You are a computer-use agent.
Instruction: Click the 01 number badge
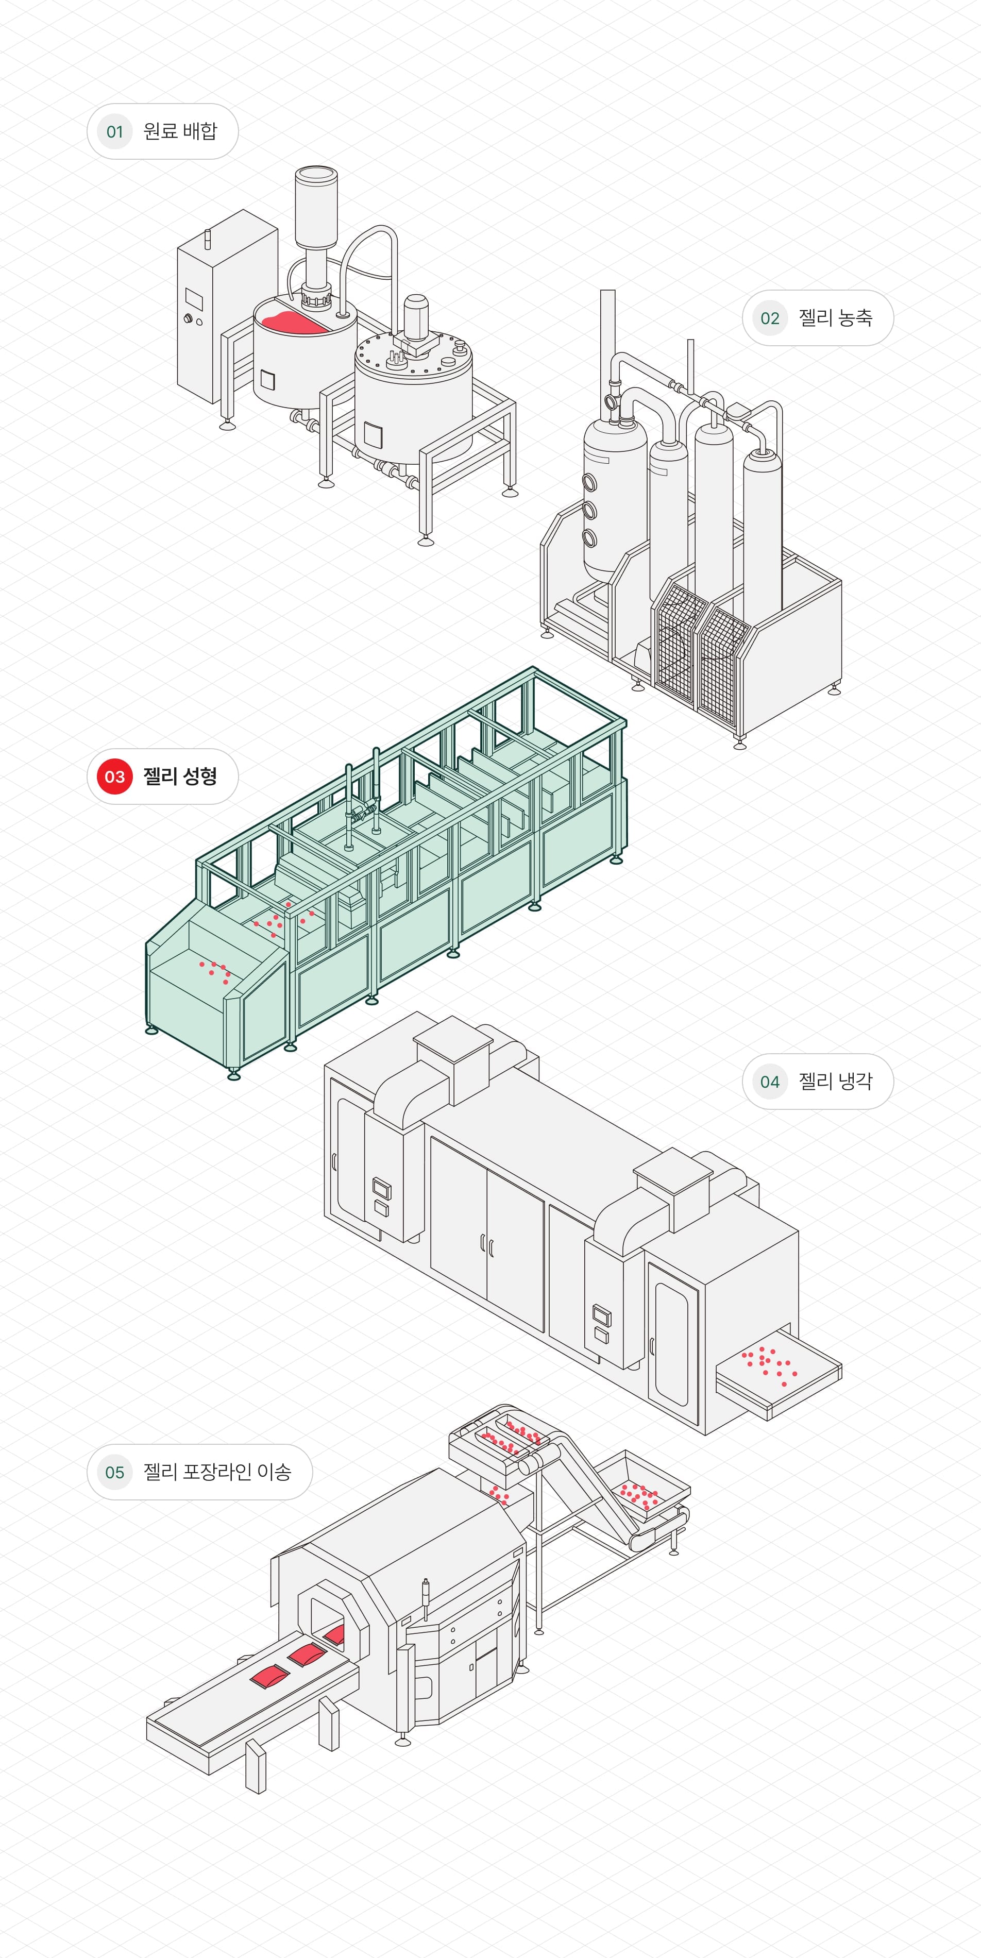pyautogui.click(x=115, y=131)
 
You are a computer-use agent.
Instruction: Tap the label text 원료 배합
pyautogui.click(x=180, y=131)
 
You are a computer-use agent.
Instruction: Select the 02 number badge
pyautogui.click(x=770, y=318)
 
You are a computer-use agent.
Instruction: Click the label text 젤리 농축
pyautogui.click(x=835, y=318)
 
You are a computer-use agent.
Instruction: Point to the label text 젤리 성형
pyautogui.click(x=180, y=776)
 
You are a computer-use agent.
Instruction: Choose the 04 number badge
pyautogui.click(x=770, y=1082)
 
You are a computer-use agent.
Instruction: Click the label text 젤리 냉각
pyautogui.click(x=835, y=1081)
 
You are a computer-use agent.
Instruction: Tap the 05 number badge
pyautogui.click(x=115, y=1472)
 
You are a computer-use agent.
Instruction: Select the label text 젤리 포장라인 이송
pyautogui.click(x=217, y=1472)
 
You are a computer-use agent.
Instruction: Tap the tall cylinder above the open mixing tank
pyautogui.click(x=315, y=205)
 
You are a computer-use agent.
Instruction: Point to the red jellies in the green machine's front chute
pyautogui.click(x=215, y=971)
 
